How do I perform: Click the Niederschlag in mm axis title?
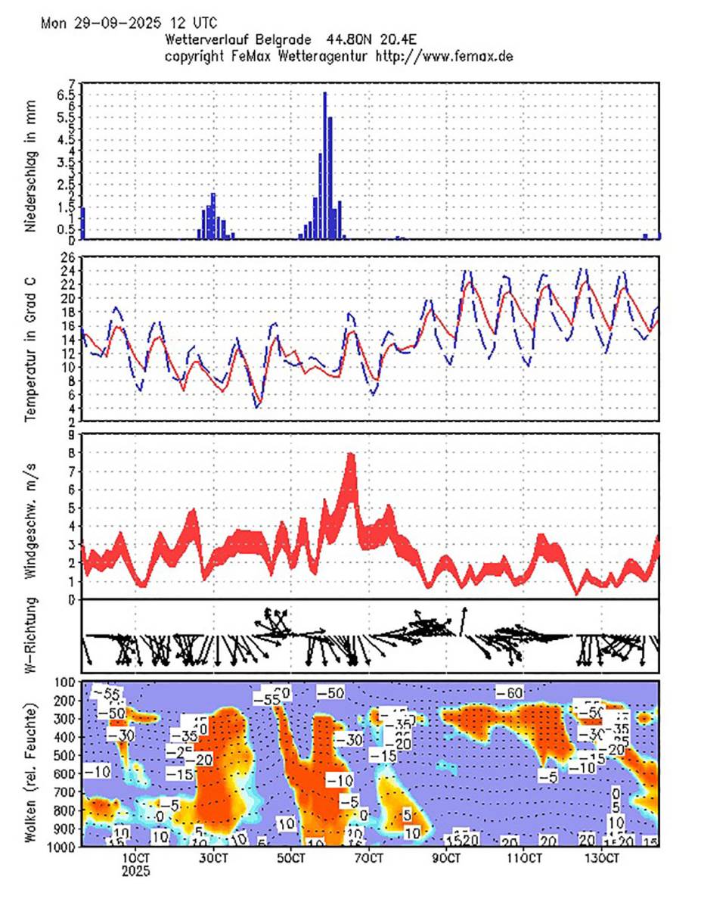pyautogui.click(x=31, y=166)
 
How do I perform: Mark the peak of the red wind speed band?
pyautogui.click(x=350, y=456)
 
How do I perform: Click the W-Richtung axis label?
pyautogui.click(x=31, y=636)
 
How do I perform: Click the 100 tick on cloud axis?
pyautogui.click(x=64, y=683)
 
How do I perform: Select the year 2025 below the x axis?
pyautogui.click(x=136, y=871)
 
